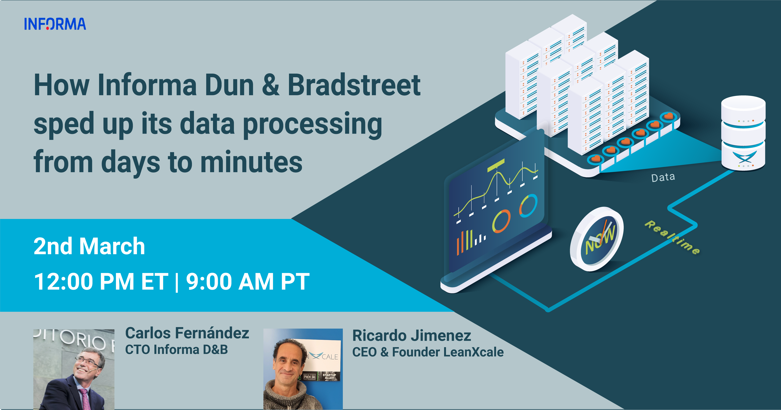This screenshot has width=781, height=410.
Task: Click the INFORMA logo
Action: [x=55, y=24]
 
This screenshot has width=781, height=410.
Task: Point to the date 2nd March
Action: [x=89, y=246]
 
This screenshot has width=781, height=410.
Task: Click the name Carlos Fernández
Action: [x=187, y=333]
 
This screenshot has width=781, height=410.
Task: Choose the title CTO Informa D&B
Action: [x=176, y=349]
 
